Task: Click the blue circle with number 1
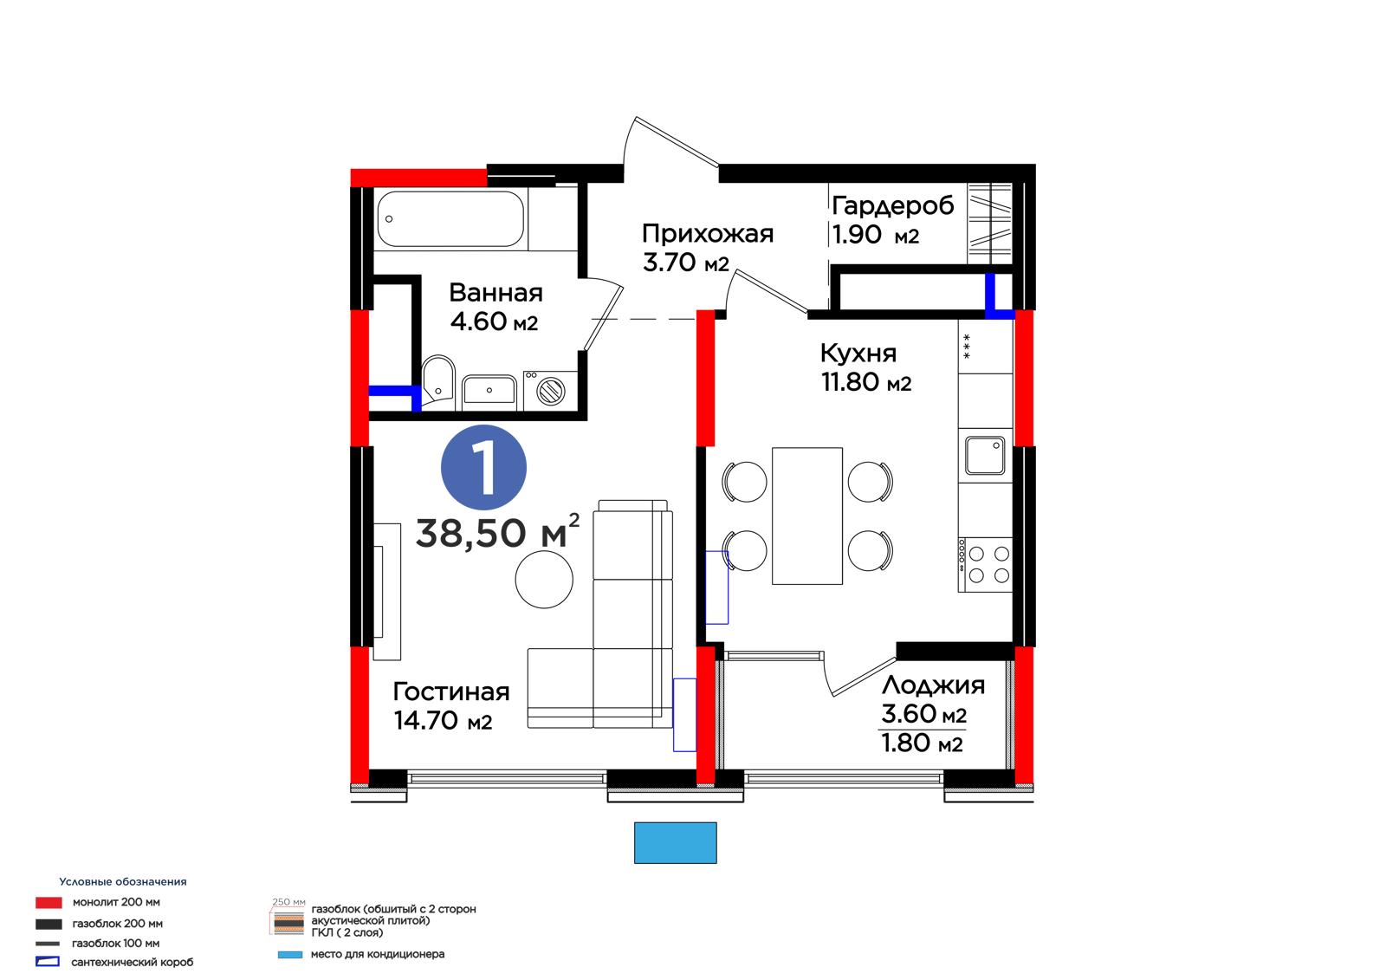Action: pos(483,467)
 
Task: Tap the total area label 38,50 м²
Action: pos(497,531)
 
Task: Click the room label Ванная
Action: pos(495,293)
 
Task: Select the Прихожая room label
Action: pos(707,234)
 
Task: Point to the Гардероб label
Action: pos(893,206)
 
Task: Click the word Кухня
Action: pos(858,354)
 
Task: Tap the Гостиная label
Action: pos(451,691)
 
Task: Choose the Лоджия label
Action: pos(933,686)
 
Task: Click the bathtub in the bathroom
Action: pos(450,219)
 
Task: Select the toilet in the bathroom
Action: pos(438,379)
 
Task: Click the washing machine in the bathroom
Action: pos(550,390)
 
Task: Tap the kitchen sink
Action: pos(985,455)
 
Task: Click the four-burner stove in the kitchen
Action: pos(985,565)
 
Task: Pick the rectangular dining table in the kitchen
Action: pos(806,516)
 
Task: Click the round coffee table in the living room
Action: pos(544,580)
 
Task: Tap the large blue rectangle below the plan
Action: pos(675,842)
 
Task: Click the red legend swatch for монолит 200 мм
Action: pos(49,903)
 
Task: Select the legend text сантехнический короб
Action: pos(133,962)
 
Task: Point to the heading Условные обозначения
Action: pos(122,881)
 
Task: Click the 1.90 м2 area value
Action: pos(876,235)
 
